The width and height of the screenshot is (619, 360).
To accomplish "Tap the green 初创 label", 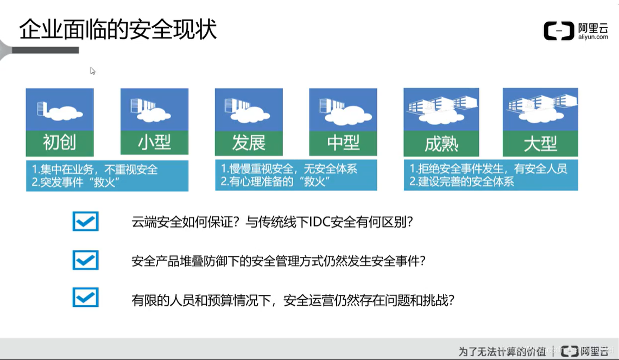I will (x=60, y=143).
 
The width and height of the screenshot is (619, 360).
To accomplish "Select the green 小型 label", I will (x=154, y=143).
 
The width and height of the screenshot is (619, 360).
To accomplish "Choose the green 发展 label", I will (x=249, y=143).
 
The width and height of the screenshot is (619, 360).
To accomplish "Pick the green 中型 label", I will (x=343, y=143).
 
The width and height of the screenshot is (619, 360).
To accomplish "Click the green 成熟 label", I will (x=441, y=144).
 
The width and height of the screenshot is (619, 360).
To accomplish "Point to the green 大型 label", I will (x=540, y=144).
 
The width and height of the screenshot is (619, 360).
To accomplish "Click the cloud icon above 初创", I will (x=65, y=113).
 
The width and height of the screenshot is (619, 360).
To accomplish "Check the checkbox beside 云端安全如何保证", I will (x=85, y=222).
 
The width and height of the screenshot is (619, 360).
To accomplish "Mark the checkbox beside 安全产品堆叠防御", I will (x=85, y=260).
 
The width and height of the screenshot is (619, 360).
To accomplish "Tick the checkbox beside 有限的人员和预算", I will (x=85, y=298).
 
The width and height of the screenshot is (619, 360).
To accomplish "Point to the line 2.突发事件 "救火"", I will (x=76, y=182).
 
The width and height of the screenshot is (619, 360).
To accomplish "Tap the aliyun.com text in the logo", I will (x=593, y=37).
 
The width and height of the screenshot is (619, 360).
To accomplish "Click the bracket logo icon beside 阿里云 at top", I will (x=559, y=31).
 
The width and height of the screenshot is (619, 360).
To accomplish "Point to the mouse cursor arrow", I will (x=92, y=71).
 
